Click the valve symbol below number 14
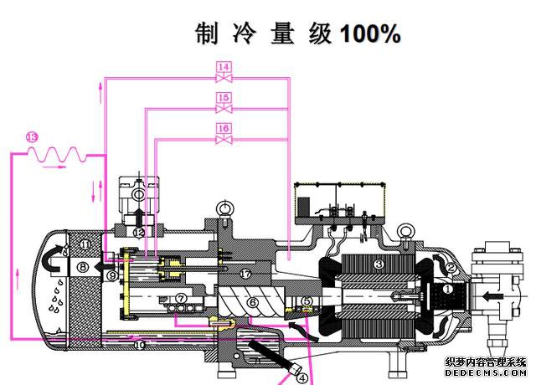click(x=224, y=78)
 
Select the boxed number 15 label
click(x=224, y=98)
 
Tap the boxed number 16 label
click(x=224, y=128)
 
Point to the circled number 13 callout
click(x=32, y=136)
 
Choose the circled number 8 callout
click(x=82, y=266)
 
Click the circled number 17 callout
click(x=245, y=274)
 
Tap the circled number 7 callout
click(x=181, y=298)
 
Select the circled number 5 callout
click(x=307, y=301)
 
